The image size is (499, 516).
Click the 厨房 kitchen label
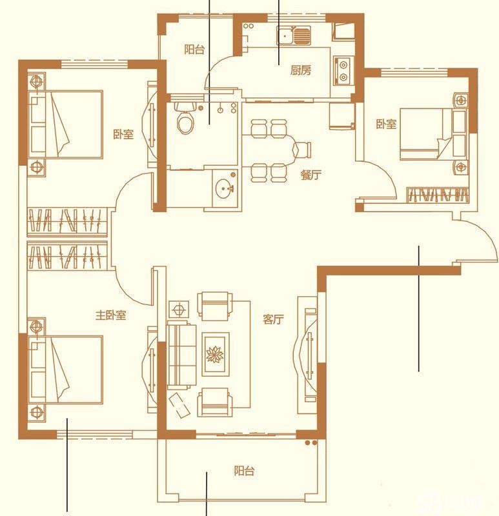300,70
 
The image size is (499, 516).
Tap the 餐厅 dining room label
311,175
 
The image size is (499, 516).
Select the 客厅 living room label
273,319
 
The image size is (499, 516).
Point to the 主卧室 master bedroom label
110,315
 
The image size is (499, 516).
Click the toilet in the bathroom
185,118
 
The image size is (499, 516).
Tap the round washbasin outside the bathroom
225,189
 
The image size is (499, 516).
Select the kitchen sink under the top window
293,36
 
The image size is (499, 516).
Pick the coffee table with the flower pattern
215,354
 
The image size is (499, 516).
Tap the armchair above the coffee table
215,306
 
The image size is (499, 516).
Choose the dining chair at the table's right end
302,150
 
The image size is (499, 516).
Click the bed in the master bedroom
66,369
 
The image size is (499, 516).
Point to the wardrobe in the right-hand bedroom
438,194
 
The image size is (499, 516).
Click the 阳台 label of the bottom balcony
244,471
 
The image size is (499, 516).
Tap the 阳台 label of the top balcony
194,50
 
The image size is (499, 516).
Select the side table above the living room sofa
179,310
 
